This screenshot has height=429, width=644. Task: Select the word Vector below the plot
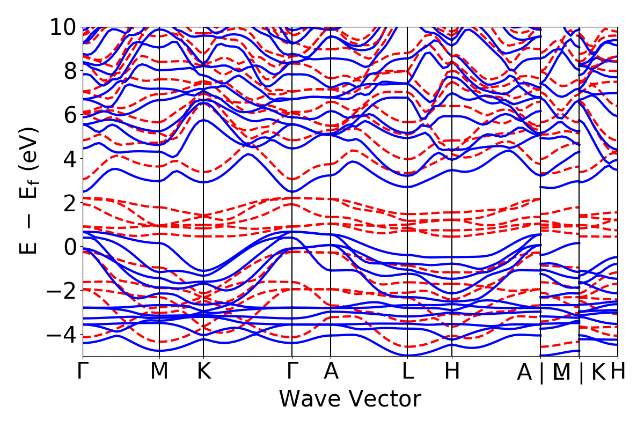pyautogui.click(x=383, y=399)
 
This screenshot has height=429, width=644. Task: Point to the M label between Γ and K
pyautogui.click(x=159, y=372)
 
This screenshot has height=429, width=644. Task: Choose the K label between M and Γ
pyautogui.click(x=203, y=372)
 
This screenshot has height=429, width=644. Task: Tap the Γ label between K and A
pyautogui.click(x=292, y=372)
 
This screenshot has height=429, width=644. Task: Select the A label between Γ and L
pyautogui.click(x=331, y=372)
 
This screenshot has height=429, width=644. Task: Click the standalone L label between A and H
pyautogui.click(x=408, y=372)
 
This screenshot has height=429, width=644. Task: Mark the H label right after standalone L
pyautogui.click(x=452, y=372)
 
